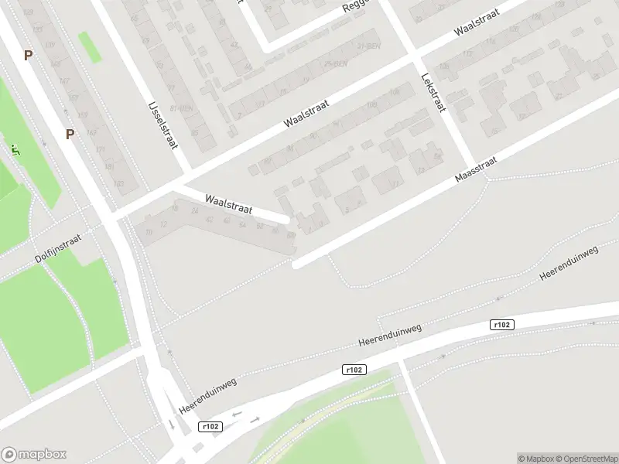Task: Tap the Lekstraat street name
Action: click(x=432, y=92)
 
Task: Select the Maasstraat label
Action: click(x=475, y=167)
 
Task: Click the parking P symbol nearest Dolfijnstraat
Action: click(x=70, y=134)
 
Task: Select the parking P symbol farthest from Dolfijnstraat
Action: click(x=29, y=56)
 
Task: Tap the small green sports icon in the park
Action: click(x=15, y=147)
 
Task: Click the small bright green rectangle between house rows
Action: click(x=89, y=48)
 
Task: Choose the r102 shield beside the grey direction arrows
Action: click(x=210, y=427)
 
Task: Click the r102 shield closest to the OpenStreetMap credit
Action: click(x=502, y=325)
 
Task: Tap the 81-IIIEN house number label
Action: click(x=183, y=108)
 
